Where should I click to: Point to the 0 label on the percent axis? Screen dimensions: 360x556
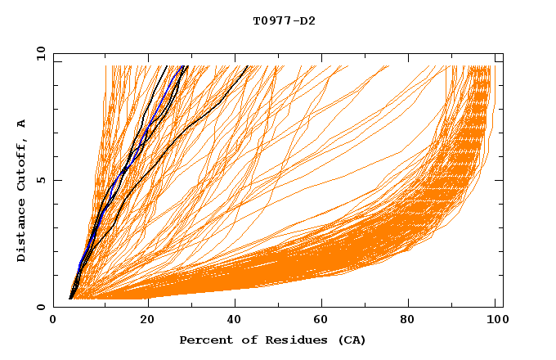pos(53,321)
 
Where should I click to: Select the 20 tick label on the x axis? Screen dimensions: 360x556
pos(147,321)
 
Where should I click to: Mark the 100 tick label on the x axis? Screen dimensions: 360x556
pos(495,321)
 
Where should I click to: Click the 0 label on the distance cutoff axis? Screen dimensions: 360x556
pos(41,308)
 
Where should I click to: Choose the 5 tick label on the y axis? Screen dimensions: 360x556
pos(41,181)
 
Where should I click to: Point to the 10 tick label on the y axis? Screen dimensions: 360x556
pos(38,54)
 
